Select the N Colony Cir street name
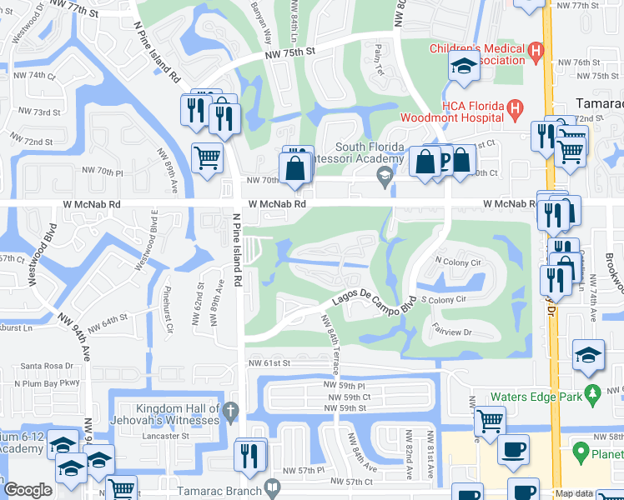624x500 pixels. (459, 262)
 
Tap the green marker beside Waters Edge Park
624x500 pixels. (592, 392)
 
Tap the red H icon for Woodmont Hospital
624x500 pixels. (516, 107)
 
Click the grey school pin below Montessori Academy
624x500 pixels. (385, 175)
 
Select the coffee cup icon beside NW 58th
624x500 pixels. (513, 449)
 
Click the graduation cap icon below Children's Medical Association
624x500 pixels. (463, 67)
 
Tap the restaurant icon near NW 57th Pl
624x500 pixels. (250, 455)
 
